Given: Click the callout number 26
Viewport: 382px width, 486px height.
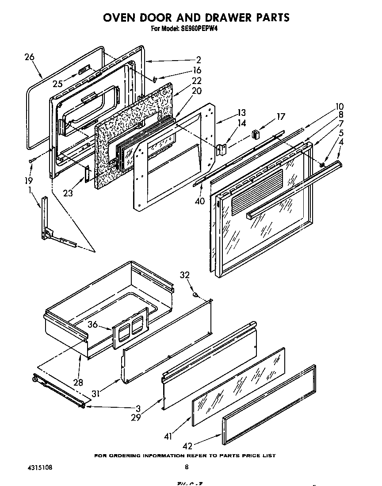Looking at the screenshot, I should (30, 57).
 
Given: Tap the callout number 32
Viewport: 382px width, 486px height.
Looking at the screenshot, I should (185, 275).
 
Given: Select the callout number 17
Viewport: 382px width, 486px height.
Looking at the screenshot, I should (281, 117).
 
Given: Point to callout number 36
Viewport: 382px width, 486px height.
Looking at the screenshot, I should (92, 324).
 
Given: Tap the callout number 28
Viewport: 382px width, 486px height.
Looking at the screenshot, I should (78, 382).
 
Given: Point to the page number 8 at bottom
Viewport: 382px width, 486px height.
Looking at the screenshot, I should (187, 467).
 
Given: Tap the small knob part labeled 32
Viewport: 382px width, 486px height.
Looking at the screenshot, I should (195, 294).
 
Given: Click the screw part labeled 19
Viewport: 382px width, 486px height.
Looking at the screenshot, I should (32, 160).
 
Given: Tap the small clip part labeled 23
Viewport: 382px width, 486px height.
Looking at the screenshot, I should (87, 173).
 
